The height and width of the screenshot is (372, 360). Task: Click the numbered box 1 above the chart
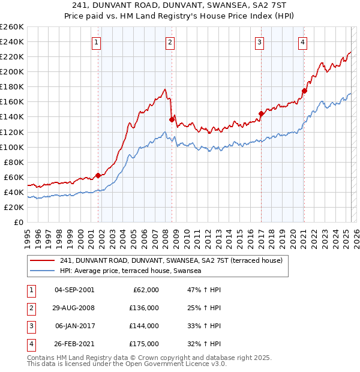click(x=96, y=42)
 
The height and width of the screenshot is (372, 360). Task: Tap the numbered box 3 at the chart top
click(x=259, y=42)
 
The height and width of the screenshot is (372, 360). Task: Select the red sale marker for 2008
click(x=172, y=119)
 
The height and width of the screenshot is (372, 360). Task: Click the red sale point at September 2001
click(x=98, y=175)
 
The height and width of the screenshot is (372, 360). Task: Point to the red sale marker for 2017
click(x=261, y=113)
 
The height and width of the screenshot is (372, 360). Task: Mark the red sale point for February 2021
click(x=304, y=91)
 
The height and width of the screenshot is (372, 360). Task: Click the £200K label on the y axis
click(x=12, y=71)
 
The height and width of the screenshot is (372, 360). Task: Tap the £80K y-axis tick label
click(x=14, y=162)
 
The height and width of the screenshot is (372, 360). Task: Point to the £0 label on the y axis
click(x=18, y=222)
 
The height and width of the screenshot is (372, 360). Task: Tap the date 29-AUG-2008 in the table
click(x=74, y=308)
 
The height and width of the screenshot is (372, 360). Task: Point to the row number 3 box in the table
click(x=31, y=326)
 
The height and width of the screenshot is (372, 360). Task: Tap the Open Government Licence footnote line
click(x=127, y=364)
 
